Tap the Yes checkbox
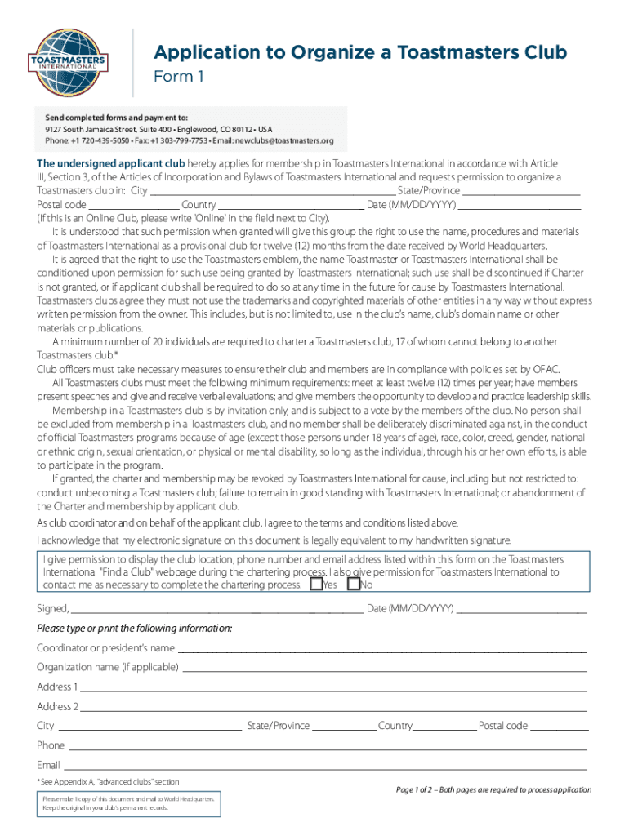pos(316,585)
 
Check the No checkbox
pos(354,585)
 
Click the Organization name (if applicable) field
pos(384,668)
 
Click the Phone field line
pos(327,746)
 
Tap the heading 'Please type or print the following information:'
pos(135,628)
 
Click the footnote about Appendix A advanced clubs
pos(108,782)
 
